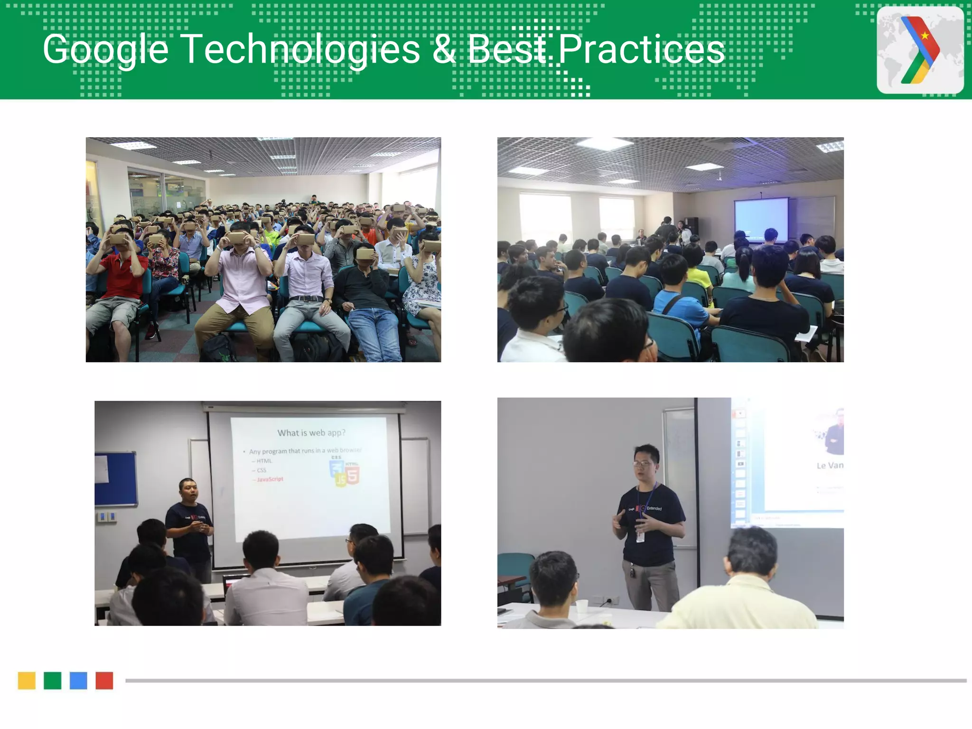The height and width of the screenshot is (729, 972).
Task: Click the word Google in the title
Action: (105, 49)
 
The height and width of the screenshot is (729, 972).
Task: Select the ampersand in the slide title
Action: (443, 50)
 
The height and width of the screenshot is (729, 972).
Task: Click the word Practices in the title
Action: (641, 49)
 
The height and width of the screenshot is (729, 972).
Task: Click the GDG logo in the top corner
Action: (920, 50)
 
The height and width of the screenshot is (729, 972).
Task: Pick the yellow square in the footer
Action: (27, 681)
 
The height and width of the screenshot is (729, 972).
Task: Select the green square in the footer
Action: (52, 681)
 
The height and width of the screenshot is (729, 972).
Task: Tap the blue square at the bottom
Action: (78, 681)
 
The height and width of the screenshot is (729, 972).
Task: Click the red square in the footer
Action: (104, 681)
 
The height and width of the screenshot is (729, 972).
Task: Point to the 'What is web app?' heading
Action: (311, 433)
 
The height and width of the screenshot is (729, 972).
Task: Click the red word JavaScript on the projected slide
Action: (270, 479)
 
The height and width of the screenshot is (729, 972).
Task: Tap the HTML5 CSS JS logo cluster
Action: (345, 472)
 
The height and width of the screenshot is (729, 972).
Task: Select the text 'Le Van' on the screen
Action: (830, 466)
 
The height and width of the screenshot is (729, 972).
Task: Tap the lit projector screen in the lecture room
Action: (761, 219)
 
